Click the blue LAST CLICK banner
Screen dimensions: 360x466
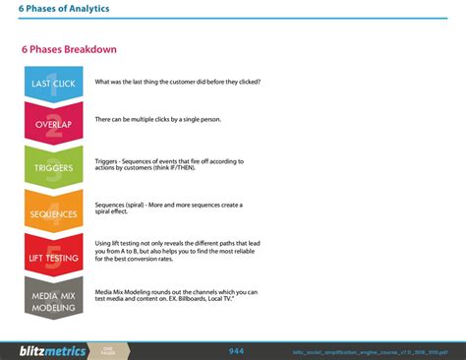coord(54,84)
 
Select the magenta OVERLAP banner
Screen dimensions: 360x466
coord(54,123)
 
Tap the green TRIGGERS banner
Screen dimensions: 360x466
coord(54,167)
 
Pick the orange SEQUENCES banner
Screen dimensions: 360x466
coord(54,211)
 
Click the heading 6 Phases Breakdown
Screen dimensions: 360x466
coord(69,50)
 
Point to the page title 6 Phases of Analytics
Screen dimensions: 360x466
coord(64,9)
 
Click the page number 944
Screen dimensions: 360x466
coord(236,350)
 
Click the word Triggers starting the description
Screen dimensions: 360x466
coord(106,160)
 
